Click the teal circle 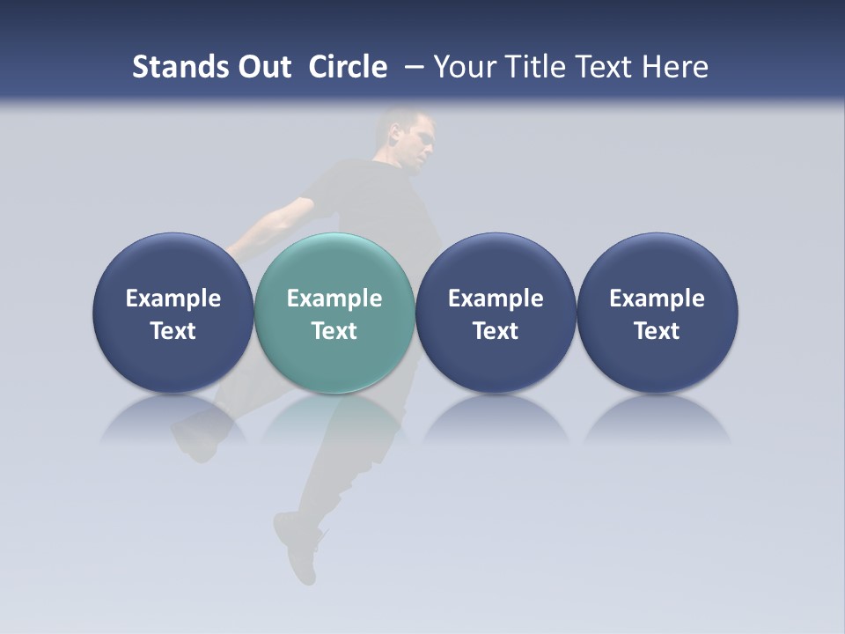[x=334, y=264]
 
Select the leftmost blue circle [x=173, y=264]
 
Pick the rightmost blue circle [x=658, y=264]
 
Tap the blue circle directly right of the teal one [x=496, y=264]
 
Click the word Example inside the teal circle [x=334, y=299]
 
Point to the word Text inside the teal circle [x=334, y=331]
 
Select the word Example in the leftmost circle [x=173, y=299]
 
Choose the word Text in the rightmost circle [x=658, y=331]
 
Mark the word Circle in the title [x=348, y=67]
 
